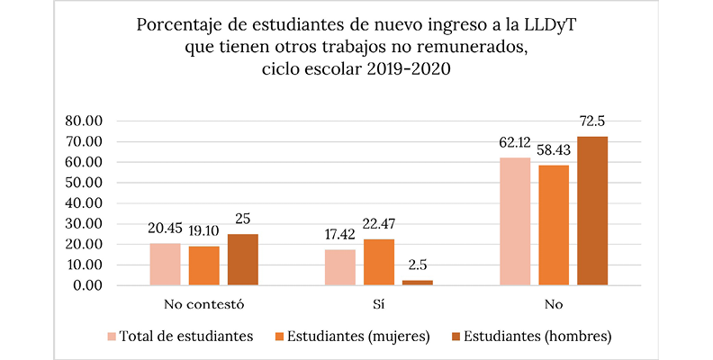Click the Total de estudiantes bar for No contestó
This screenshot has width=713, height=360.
[165, 265]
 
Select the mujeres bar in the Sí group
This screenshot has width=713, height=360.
[379, 262]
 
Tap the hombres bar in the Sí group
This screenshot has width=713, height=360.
[417, 283]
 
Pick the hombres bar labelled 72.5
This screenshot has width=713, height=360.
[592, 211]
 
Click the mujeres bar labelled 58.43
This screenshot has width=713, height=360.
[554, 225]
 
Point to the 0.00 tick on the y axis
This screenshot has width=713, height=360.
[91, 286]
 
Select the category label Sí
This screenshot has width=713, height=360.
[379, 303]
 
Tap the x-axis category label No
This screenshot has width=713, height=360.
[554, 303]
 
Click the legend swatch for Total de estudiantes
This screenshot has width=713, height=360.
[112, 337]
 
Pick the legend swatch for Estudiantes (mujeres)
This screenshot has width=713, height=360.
[281, 337]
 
